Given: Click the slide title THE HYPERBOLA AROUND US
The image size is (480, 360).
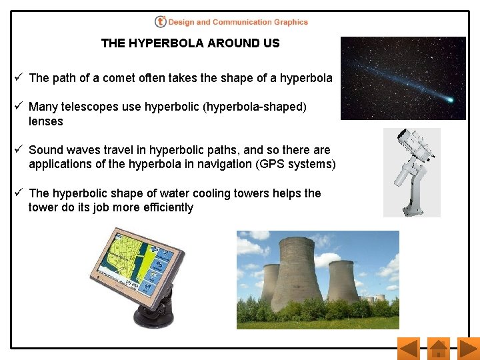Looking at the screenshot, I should coord(190,43).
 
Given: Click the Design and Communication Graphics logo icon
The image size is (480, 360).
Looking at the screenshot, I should coord(160,22).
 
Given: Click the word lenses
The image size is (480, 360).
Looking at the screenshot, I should coord(45,121).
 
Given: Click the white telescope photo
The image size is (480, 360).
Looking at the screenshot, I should coord(412,172).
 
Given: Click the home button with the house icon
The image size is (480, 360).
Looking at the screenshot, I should coord(438,349).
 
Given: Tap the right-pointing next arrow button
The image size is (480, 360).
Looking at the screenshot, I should coord(469,349).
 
